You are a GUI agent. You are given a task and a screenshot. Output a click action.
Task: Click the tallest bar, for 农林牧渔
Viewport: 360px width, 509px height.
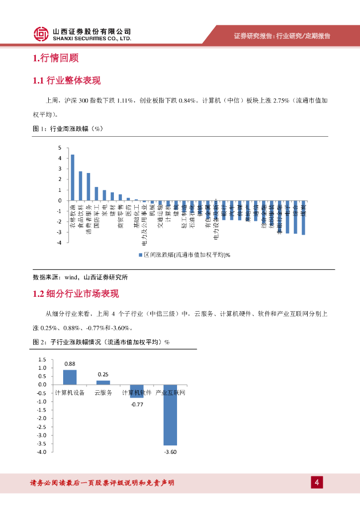click(73, 177)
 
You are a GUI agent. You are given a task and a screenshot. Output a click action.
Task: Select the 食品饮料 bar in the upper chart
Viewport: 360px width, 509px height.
click(81, 186)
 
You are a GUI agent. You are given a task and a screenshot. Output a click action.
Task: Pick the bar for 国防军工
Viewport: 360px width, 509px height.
click(96, 194)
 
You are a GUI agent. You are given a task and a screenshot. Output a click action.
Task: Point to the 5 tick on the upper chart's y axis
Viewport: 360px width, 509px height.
click(60, 148)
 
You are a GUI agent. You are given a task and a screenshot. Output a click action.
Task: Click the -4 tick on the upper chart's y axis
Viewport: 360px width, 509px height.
click(59, 243)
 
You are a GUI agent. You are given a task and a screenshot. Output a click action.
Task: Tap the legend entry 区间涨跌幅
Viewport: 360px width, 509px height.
click(184, 254)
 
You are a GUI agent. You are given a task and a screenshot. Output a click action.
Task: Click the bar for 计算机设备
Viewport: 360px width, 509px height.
click(70, 377)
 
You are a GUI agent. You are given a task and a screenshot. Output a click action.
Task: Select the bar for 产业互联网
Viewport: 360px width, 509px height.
click(170, 415)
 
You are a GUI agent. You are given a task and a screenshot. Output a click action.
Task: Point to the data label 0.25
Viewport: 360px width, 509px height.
click(103, 374)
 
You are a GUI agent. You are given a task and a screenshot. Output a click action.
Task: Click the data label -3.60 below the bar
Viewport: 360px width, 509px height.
click(170, 452)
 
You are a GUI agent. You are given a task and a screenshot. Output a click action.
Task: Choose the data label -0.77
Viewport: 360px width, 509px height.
click(137, 405)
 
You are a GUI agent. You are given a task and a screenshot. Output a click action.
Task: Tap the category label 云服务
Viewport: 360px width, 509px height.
click(103, 393)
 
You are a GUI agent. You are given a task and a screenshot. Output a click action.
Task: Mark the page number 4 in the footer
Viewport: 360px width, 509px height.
click(317, 482)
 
